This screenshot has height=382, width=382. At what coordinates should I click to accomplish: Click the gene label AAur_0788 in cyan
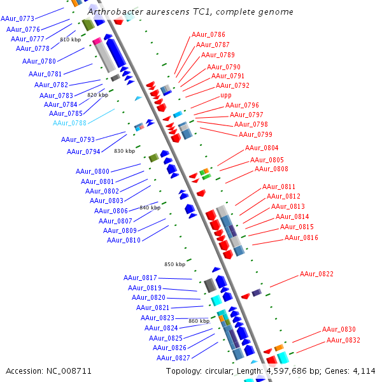pyautogui.click(x=70, y=123)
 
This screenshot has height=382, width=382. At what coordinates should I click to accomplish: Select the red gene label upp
pyautogui.click(x=226, y=95)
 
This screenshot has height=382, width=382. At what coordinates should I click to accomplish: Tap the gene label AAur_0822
pyautogui.click(x=317, y=274)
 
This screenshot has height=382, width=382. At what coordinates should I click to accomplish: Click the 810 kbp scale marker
pyautogui.click(x=70, y=39)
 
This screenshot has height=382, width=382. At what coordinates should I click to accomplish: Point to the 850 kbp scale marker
pyautogui.click(x=174, y=264)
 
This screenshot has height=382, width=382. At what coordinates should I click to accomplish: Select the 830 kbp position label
pyautogui.click(x=124, y=151)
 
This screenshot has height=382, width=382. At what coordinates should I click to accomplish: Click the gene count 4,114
pyautogui.click(x=364, y=371)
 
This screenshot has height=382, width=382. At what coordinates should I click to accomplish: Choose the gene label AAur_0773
pyautogui.click(x=17, y=19)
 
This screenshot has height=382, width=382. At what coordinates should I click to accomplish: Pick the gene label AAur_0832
pyautogui.click(x=344, y=340)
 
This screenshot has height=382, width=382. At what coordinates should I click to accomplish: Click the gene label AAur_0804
pyautogui.click(x=262, y=148)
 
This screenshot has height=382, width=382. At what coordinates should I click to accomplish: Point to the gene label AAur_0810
pyautogui.click(x=124, y=240)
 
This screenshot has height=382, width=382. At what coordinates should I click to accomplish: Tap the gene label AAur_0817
pyautogui.click(x=140, y=278)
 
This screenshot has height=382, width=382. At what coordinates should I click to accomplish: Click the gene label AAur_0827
pyautogui.click(x=173, y=358)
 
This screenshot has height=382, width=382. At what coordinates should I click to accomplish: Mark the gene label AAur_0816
pyautogui.click(x=301, y=237)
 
